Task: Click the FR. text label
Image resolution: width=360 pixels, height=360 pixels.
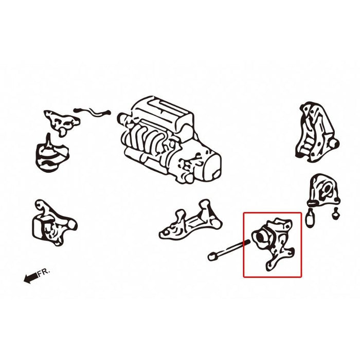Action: tap(44, 272)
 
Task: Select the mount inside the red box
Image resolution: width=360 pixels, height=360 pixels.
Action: tap(273, 244)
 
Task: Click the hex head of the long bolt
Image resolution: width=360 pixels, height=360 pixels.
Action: tap(212, 256)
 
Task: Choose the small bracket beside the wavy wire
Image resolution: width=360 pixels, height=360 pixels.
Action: tap(62, 122)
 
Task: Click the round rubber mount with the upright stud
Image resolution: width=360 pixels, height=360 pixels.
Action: tap(52, 154)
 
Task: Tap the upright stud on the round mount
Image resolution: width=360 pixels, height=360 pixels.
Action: tap(48, 140)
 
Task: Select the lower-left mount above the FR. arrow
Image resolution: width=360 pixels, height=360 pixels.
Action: tap(54, 222)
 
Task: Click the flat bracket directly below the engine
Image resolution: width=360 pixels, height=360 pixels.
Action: tap(191, 221)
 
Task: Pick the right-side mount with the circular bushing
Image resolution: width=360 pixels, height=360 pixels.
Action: tap(324, 190)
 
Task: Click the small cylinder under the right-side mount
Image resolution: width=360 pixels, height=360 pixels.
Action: tap(310, 218)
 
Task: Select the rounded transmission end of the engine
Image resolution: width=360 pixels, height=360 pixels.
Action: tap(209, 166)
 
